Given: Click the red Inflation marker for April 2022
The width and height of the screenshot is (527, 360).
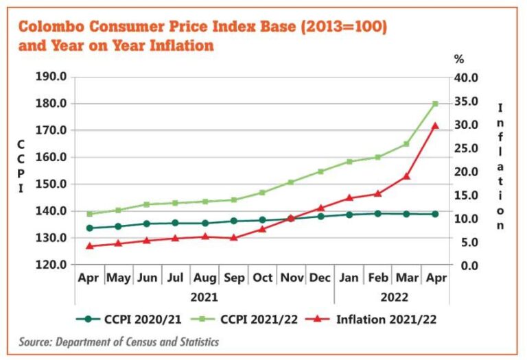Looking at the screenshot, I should (434, 125).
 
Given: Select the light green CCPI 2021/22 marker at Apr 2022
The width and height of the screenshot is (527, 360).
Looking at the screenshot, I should (434, 104).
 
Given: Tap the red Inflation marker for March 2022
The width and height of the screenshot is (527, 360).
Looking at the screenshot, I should (406, 176).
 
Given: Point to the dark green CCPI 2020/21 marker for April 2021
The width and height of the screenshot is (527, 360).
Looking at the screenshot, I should (89, 228).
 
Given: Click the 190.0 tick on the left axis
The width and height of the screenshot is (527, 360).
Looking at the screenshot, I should (52, 77).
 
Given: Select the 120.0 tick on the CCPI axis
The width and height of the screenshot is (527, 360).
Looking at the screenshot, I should (52, 265).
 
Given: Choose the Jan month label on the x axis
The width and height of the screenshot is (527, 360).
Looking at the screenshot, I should (349, 279).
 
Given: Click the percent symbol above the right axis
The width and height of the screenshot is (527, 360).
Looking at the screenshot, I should (459, 60).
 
